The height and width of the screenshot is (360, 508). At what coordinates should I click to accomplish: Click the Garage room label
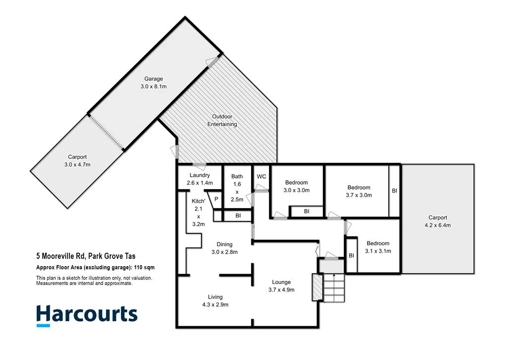153,79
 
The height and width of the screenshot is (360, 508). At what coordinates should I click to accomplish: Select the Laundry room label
200,175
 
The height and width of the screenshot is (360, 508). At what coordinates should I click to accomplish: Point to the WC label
261,176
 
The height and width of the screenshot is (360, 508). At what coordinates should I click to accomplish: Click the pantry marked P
216,199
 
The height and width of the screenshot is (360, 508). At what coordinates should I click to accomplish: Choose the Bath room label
237,176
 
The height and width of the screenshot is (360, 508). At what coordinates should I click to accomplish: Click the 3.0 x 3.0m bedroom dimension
296,190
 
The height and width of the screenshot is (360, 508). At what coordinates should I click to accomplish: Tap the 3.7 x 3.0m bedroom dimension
359,195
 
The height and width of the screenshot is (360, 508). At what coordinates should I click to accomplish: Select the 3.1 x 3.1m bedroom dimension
378,251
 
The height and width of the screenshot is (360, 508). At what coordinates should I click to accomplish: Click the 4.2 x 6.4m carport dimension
438,225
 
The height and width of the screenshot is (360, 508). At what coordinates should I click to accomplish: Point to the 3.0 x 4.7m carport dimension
77,164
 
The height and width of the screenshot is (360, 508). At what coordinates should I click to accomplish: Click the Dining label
224,244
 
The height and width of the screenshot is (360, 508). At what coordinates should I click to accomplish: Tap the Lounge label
281,282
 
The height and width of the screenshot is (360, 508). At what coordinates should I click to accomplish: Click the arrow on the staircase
334,276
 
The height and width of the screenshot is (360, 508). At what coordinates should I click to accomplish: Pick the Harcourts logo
86,315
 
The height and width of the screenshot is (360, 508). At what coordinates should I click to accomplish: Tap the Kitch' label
198,201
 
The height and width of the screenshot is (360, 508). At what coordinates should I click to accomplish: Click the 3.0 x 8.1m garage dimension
153,86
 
